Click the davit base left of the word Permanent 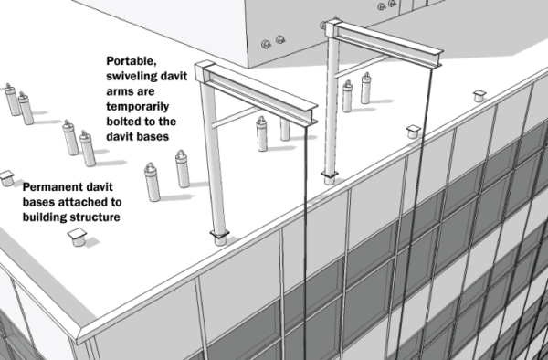pos(8,175)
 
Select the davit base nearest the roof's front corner pos(76,238)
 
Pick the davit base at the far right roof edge pos(477,95)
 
